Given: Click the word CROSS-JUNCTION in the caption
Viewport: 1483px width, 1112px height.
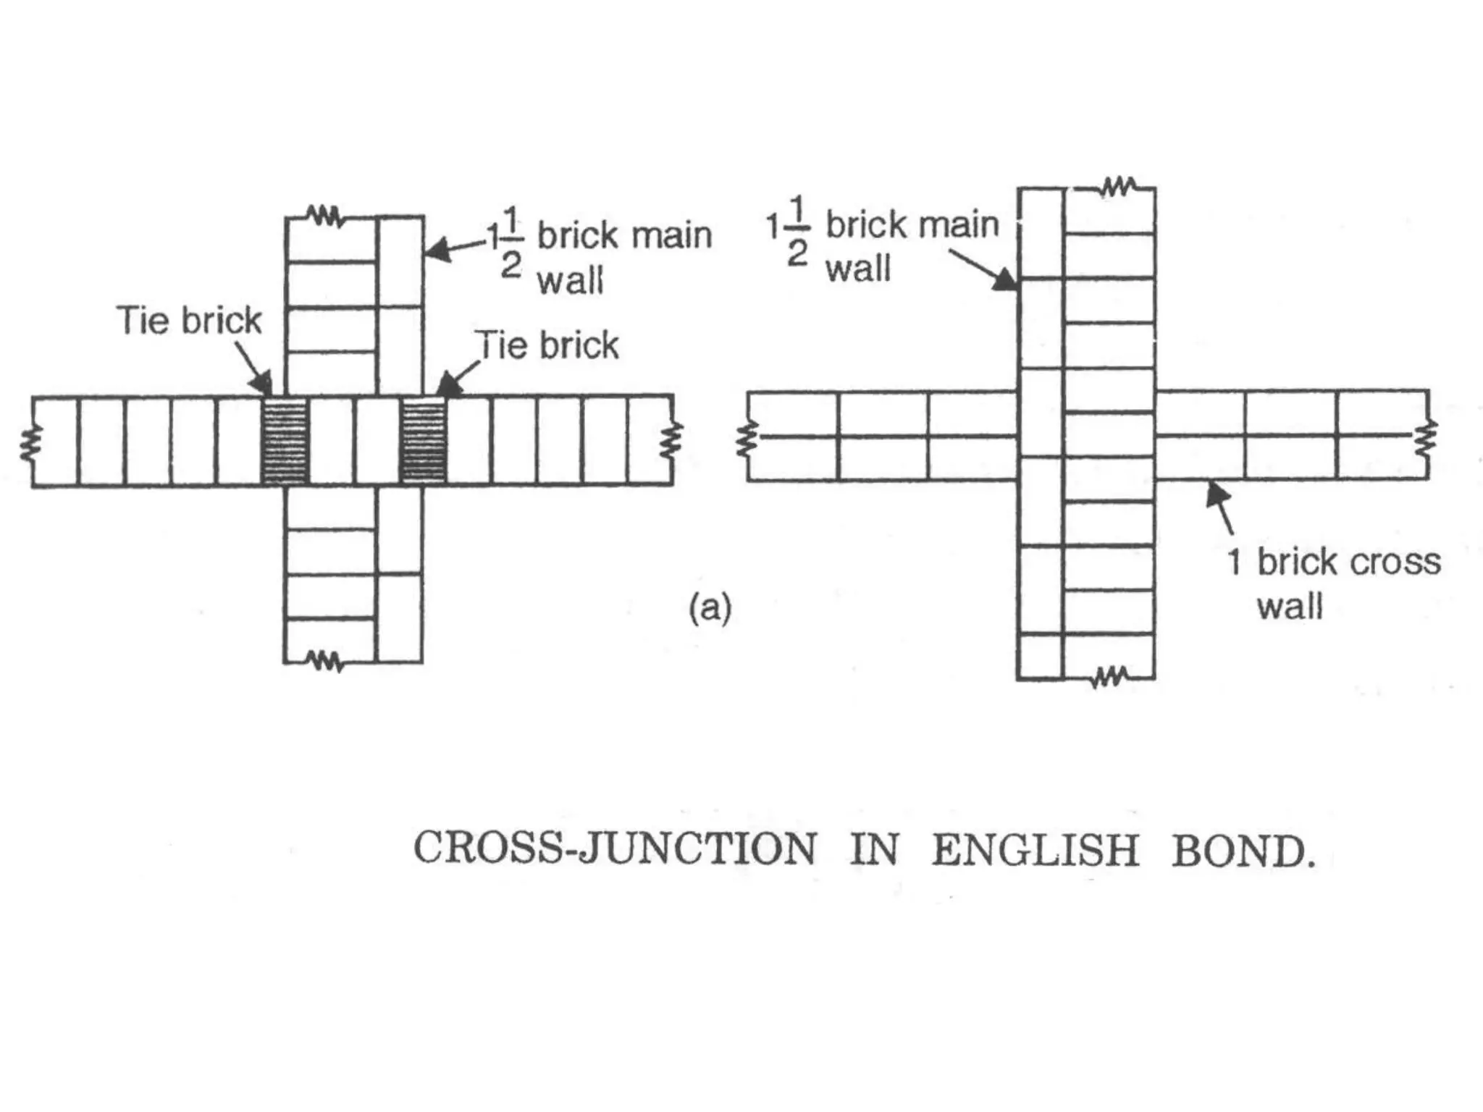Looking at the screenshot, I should [614, 848].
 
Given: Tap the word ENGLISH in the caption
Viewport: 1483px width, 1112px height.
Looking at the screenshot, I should [1035, 850].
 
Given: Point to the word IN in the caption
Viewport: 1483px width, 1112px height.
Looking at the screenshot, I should [875, 849].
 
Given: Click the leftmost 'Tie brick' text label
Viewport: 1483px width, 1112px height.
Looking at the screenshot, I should [188, 321].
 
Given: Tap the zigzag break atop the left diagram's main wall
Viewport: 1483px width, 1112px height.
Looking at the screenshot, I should [324, 216].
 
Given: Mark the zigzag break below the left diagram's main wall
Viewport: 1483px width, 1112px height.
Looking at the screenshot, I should [324, 660].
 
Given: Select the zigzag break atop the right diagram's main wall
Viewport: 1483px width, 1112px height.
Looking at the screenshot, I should [1117, 187].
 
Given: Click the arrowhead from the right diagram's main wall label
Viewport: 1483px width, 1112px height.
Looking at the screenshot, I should [1006, 280].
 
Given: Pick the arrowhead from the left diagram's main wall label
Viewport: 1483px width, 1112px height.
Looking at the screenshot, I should [436, 251].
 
